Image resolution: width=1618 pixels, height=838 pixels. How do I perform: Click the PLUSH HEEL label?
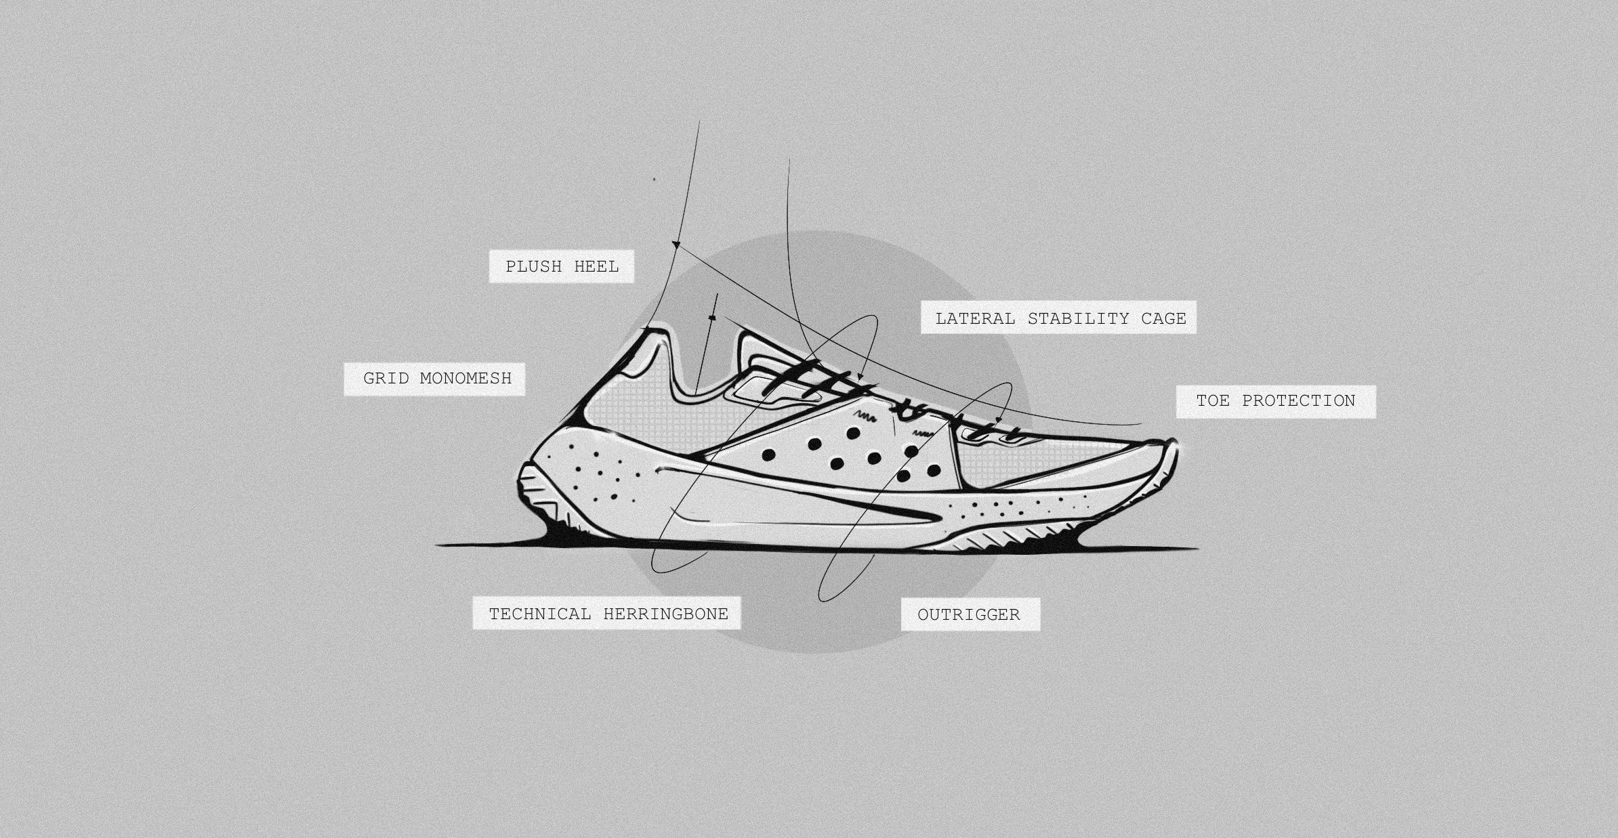point(562,267)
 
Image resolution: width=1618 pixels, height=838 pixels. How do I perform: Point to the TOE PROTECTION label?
point(1275,400)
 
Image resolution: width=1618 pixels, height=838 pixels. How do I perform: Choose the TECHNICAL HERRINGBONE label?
point(608,614)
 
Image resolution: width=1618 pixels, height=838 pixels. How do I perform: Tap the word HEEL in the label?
point(596,267)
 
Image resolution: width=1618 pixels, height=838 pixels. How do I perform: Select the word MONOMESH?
point(465,378)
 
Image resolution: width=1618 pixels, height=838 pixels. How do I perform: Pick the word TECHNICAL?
point(539,614)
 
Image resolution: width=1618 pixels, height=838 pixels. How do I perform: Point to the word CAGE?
point(1163,318)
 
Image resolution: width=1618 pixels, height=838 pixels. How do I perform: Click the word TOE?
point(1212,400)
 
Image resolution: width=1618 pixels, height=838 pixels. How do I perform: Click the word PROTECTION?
point(1298,400)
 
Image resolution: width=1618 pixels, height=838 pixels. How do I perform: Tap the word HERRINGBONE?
point(665,614)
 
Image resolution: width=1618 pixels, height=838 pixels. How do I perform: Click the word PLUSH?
point(534,267)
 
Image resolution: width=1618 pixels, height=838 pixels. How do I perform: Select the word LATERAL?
point(975,318)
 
